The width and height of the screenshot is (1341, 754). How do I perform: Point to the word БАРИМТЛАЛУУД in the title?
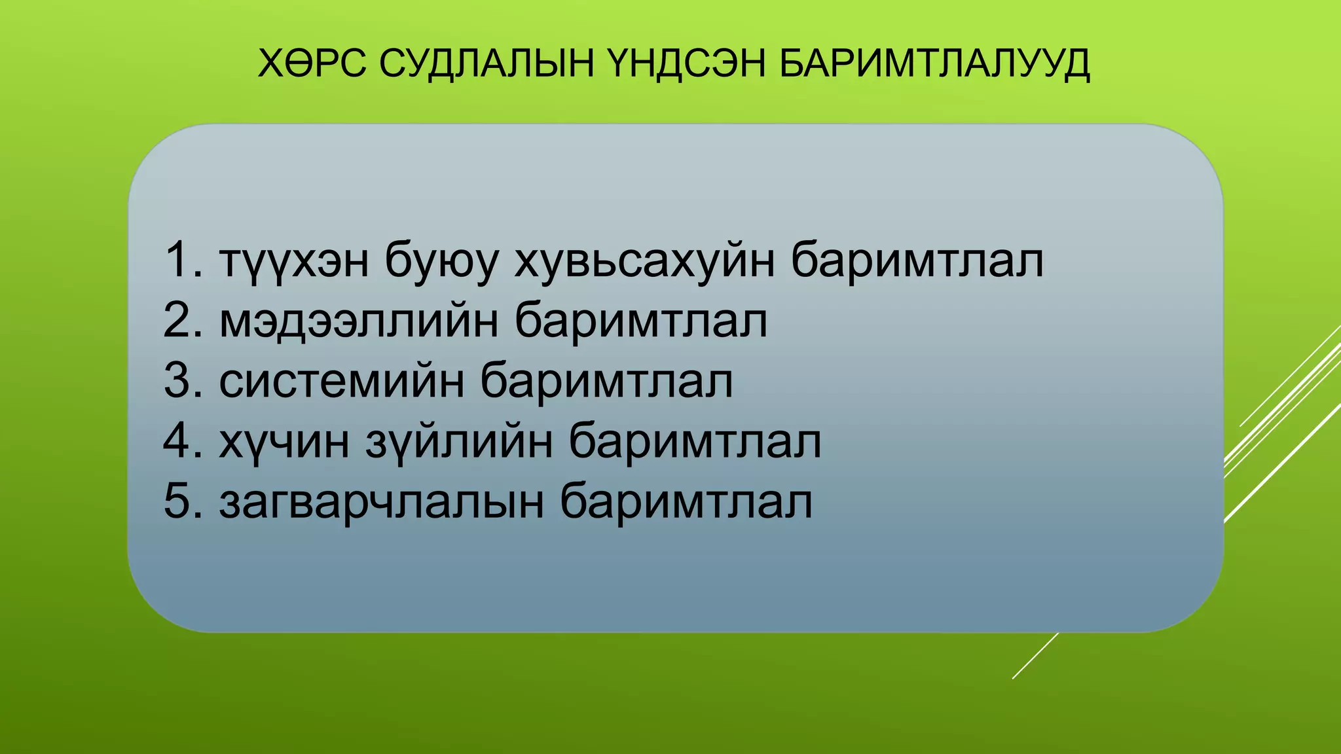[935, 63]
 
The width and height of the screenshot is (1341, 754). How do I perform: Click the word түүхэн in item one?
[294, 261]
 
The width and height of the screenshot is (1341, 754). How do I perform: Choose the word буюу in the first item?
[441, 261]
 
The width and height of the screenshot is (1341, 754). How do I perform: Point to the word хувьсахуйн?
[644, 261]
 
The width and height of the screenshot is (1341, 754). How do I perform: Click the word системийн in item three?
[341, 381]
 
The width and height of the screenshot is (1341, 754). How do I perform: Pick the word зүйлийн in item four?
[458, 442]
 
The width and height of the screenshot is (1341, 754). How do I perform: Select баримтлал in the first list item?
[917, 261]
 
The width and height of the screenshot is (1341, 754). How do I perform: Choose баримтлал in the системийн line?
[606, 381]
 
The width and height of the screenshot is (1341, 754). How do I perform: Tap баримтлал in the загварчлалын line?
[686, 503]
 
